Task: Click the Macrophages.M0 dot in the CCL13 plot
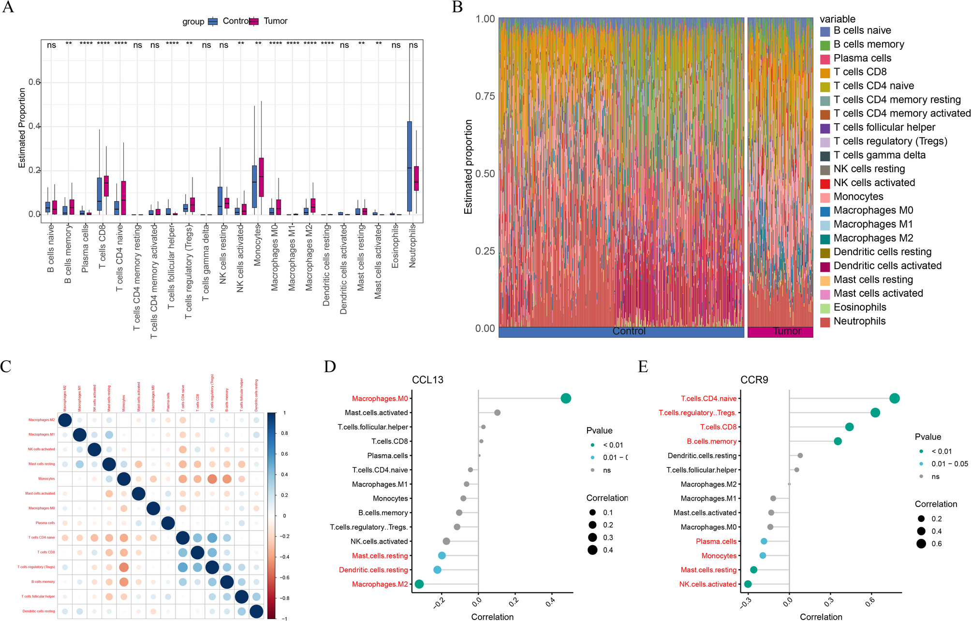pos(566,399)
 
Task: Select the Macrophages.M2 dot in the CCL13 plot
pos(419,584)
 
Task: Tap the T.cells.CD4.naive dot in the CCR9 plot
pos(894,399)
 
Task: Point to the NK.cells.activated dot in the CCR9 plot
pos(748,584)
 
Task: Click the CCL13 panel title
pos(427,380)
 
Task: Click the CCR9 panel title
pos(754,380)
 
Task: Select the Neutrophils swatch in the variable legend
pos(825,322)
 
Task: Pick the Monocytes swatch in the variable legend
pos(825,197)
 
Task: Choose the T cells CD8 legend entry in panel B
pos(860,72)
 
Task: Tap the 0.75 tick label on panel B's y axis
pos(485,96)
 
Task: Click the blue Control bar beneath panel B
pos(621,332)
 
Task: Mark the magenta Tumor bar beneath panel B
pos(780,332)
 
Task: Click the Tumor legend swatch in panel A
pos(254,21)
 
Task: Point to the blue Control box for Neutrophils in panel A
pos(410,166)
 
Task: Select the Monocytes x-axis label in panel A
pos(257,245)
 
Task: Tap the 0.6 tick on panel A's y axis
pos(34,82)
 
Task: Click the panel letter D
pos(330,367)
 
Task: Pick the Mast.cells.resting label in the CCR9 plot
pos(708,570)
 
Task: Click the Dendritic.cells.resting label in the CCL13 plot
pos(373,570)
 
